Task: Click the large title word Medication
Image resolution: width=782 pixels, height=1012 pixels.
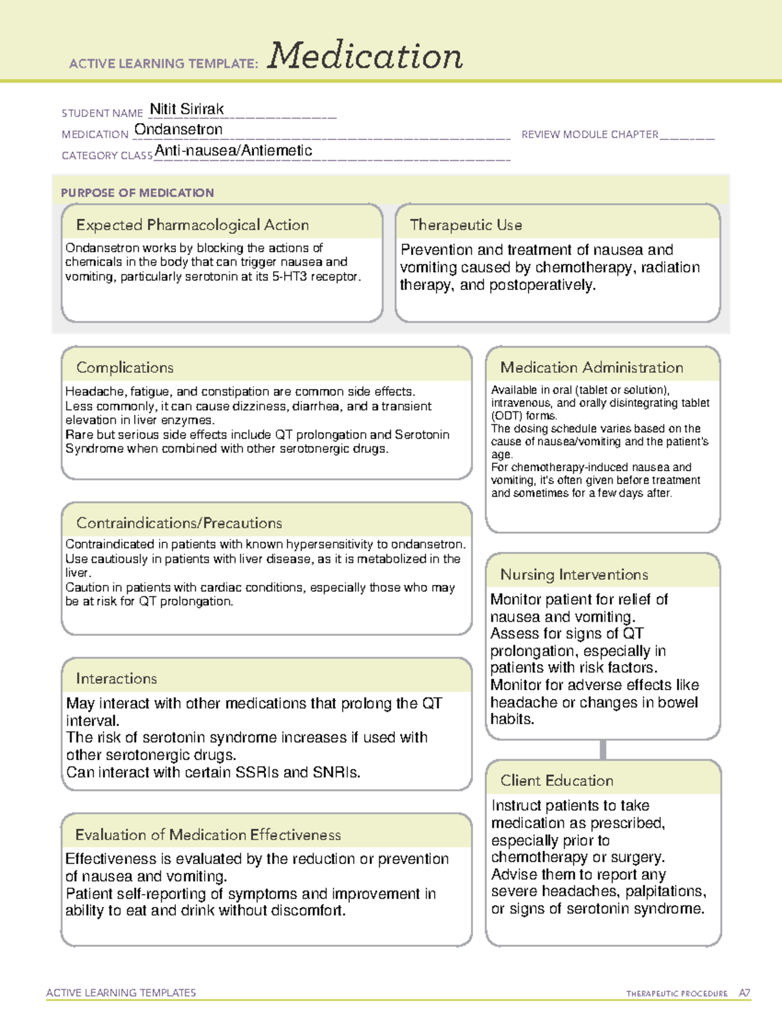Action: (x=365, y=56)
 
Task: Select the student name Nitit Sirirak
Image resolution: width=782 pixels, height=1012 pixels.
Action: (x=187, y=109)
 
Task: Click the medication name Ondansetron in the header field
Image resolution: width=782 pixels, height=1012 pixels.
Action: (x=179, y=130)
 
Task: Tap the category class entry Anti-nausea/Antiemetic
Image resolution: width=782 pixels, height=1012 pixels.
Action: (x=233, y=151)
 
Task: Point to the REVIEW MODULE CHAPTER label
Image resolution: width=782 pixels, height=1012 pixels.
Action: (x=590, y=134)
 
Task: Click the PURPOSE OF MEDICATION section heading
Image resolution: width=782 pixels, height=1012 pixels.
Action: (x=138, y=193)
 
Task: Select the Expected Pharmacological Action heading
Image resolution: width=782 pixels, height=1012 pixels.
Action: (x=192, y=225)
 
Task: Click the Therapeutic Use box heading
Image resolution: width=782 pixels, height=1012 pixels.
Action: (x=466, y=225)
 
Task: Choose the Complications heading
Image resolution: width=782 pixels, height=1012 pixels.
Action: (x=125, y=368)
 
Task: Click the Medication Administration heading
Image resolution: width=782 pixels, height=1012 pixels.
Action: (x=592, y=368)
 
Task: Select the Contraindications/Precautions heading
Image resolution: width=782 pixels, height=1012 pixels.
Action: (x=179, y=523)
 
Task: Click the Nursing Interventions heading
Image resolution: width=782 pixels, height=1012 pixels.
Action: (x=574, y=575)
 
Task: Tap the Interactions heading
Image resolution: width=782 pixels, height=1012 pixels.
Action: (x=117, y=678)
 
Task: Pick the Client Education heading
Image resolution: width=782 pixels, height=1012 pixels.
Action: (x=557, y=781)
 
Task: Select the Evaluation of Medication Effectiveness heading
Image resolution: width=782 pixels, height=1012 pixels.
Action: (x=208, y=835)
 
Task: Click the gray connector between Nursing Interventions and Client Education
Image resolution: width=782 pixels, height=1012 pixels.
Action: (x=603, y=749)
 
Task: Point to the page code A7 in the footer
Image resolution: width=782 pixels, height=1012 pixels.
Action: (x=744, y=993)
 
